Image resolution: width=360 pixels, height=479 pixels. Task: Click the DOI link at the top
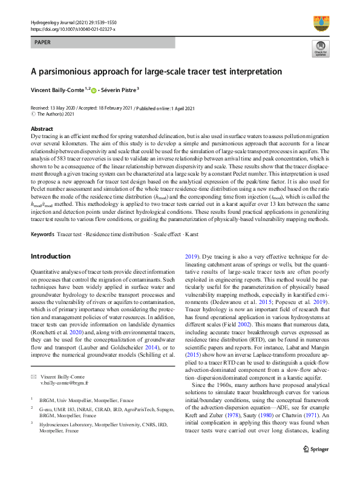coord(72,28)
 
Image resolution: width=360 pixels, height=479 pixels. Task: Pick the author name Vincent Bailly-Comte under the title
coord(57,90)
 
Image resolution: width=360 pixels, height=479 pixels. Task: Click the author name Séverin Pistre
coord(119,90)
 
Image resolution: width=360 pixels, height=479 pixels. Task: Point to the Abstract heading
coord(42,129)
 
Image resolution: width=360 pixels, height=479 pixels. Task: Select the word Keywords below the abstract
coord(42,233)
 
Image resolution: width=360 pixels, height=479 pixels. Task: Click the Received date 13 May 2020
coord(68,108)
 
